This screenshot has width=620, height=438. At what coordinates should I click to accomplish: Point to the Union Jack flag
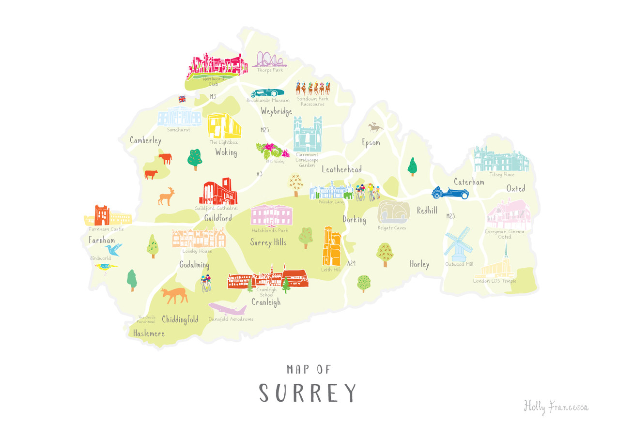[x=182, y=99]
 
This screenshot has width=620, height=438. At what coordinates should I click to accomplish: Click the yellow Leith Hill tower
[x=332, y=247]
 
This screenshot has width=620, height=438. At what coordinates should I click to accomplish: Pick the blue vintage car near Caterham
[x=450, y=193]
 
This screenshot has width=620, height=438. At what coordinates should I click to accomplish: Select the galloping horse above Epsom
[x=375, y=127]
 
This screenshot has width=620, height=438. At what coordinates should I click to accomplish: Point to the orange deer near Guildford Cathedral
[x=166, y=196]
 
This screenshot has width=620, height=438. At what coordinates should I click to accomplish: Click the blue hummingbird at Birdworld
[x=113, y=249]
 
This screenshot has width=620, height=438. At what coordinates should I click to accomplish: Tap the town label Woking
[x=226, y=152]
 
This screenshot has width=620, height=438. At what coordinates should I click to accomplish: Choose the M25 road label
[x=264, y=130]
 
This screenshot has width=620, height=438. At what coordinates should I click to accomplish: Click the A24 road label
[x=351, y=263]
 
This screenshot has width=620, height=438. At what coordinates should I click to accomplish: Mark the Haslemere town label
[x=149, y=333]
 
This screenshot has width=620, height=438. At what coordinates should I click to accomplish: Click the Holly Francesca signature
[x=556, y=407]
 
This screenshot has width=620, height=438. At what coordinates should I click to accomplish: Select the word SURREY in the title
[x=308, y=393]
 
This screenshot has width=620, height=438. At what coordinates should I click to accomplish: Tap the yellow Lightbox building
[x=224, y=126]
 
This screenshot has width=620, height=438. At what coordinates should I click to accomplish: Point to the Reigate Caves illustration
[x=393, y=213]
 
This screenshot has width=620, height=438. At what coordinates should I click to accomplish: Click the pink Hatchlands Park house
[x=272, y=216]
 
